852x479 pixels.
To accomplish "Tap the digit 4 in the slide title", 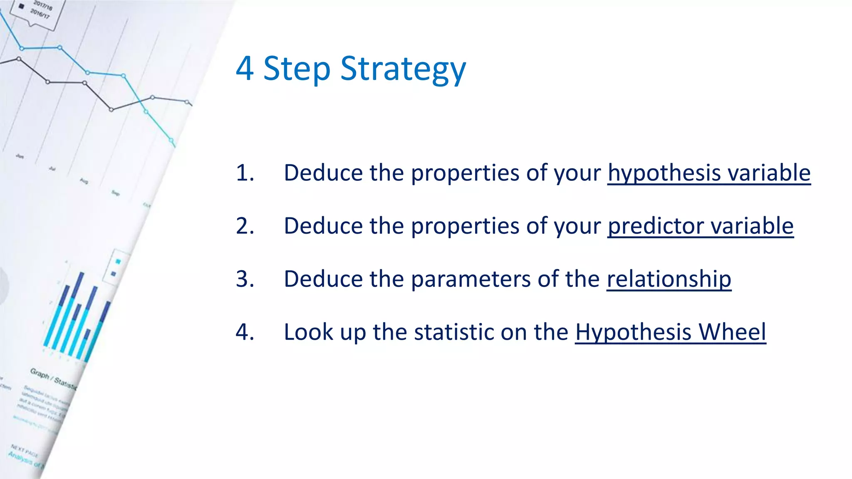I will tap(245, 69).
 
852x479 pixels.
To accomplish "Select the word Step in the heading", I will tap(297, 69).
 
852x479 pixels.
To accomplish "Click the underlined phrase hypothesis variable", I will tap(709, 173).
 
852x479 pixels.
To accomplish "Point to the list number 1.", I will tap(245, 173).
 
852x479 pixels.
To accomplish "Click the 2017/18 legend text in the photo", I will tap(43, 5).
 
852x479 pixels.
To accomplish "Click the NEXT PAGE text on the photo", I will tap(24, 450).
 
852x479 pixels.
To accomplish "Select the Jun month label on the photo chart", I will tap(20, 156).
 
